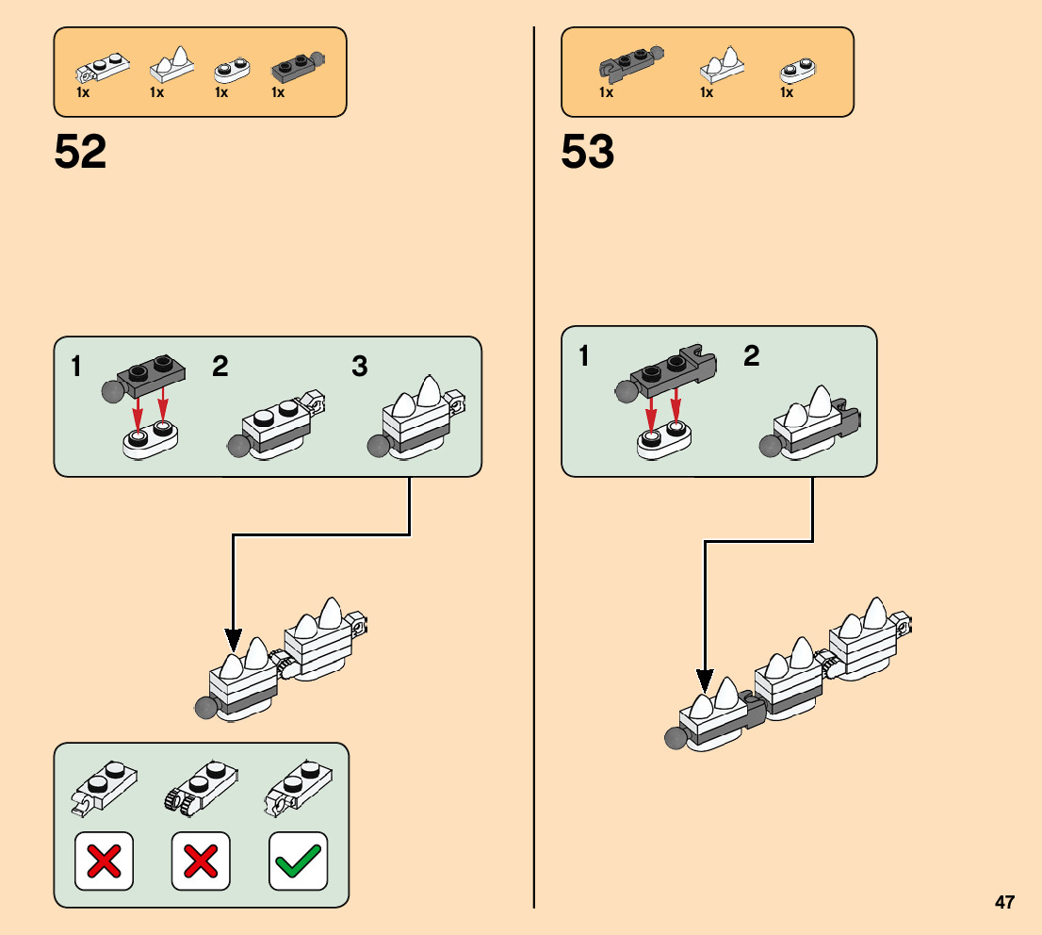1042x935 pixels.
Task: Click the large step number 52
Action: (80, 153)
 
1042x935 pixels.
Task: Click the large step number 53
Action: (587, 153)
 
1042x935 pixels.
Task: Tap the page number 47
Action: (1004, 903)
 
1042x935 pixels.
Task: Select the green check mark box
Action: (298, 860)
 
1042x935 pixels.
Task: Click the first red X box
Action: (104, 860)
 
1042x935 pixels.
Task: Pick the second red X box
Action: (201, 860)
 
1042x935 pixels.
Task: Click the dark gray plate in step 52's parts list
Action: (296, 68)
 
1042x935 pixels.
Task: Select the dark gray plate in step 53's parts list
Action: (628, 66)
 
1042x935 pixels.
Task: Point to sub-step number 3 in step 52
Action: (359, 366)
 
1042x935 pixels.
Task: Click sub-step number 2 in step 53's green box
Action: (751, 356)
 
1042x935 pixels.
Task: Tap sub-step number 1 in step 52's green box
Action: (76, 366)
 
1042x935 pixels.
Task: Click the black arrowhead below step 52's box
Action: (233, 642)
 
